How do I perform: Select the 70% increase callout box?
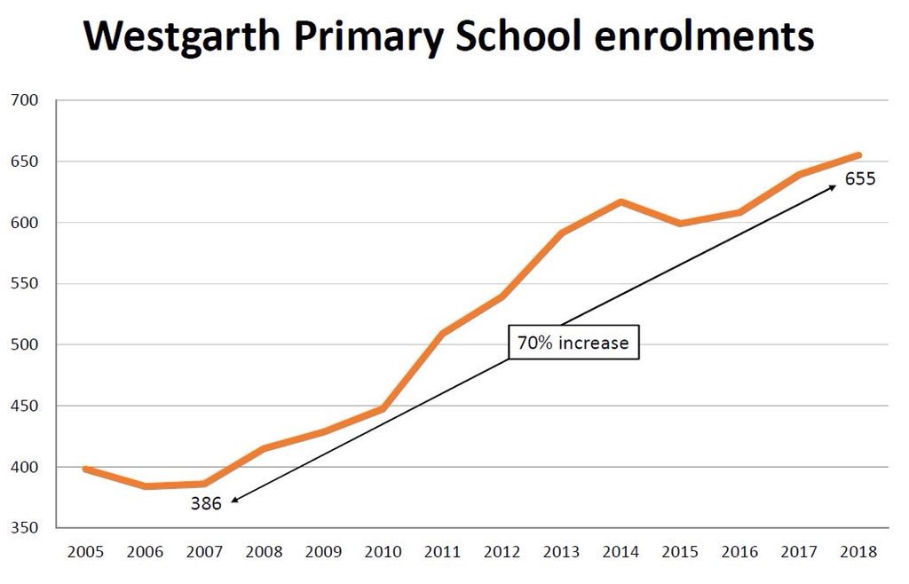tap(573, 343)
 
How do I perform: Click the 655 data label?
tap(859, 178)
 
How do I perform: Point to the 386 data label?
tap(206, 503)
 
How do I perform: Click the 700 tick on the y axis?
tap(24, 100)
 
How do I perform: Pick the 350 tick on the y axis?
tap(24, 528)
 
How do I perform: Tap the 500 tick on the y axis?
tap(24, 345)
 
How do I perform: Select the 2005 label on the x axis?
tap(86, 552)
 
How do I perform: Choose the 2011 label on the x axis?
tap(442, 552)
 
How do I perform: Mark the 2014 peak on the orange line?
tap(620, 201)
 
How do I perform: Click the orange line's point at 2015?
tap(680, 223)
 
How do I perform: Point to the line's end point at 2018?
tap(858, 155)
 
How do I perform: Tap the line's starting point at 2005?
tap(86, 469)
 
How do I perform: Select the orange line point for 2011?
tap(442, 334)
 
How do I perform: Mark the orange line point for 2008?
tap(265, 448)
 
